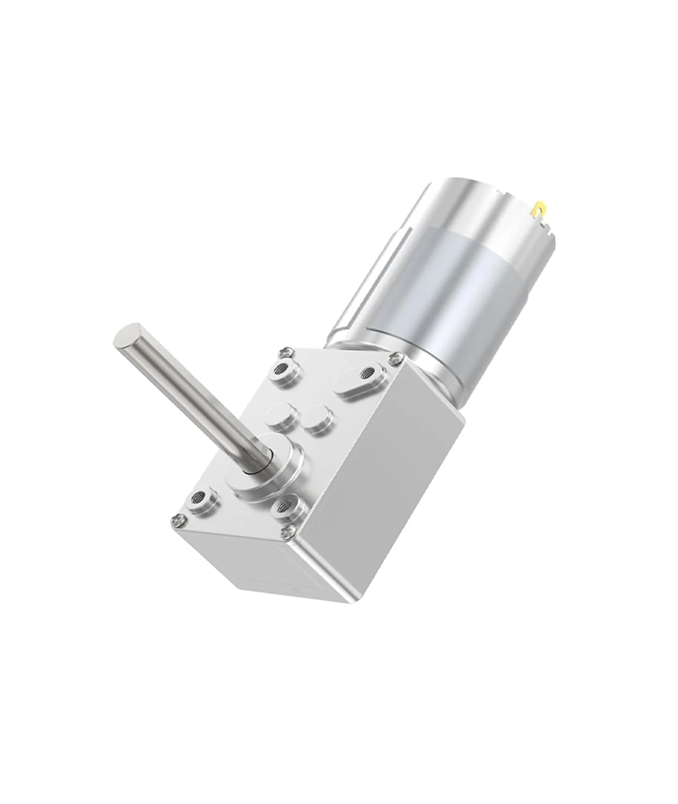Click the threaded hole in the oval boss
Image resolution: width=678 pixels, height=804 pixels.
368,371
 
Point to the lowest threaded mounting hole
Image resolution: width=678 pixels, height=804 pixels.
284,506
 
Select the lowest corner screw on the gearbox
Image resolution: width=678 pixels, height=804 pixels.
290,530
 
